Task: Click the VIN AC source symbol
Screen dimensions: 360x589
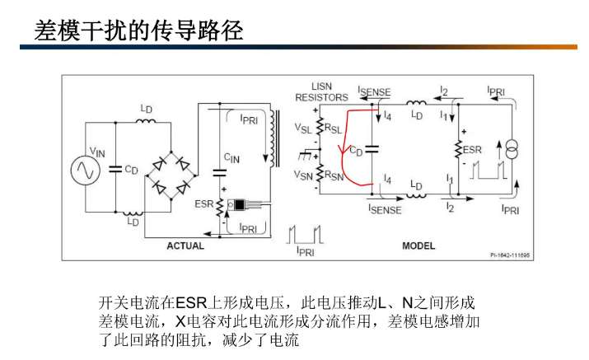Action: click(x=82, y=170)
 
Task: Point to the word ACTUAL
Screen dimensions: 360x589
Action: click(x=185, y=245)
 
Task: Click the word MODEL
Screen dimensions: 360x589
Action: click(x=419, y=245)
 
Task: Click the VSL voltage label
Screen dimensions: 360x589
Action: click(x=302, y=128)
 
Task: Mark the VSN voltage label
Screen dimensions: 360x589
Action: click(x=302, y=174)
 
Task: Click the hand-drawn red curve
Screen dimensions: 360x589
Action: click(x=347, y=148)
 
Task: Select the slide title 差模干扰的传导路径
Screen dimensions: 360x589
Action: click(x=138, y=30)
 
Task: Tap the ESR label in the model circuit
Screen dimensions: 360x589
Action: click(x=472, y=150)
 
